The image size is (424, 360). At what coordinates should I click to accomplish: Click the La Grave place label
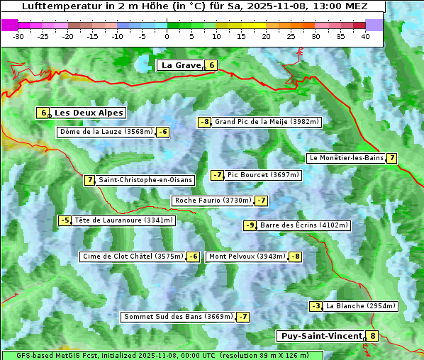click(181, 65)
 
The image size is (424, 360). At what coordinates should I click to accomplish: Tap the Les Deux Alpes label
click(89, 113)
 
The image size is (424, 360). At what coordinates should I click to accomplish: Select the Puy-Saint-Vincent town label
click(320, 336)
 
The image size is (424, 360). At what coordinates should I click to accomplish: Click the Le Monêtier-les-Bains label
click(345, 158)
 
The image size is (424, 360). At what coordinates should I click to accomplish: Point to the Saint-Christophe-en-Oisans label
click(145, 180)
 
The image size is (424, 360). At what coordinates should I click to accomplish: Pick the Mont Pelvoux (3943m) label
click(247, 257)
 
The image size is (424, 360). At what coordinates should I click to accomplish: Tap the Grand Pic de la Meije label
click(267, 122)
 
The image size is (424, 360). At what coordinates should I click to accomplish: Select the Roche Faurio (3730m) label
click(213, 201)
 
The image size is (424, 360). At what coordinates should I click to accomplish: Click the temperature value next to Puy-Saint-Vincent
click(372, 336)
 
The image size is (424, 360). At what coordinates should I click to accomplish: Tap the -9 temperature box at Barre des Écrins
click(250, 225)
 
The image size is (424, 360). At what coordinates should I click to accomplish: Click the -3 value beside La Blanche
click(316, 306)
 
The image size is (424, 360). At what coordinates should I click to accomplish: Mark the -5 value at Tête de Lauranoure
click(65, 220)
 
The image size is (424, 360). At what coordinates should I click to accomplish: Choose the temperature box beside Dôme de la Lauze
click(163, 132)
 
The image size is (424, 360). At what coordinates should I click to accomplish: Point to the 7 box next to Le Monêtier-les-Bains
click(391, 158)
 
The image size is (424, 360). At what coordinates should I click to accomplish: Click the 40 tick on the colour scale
click(365, 36)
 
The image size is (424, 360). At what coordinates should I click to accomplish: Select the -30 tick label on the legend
click(18, 36)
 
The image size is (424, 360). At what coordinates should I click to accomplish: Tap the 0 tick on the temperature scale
click(167, 36)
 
